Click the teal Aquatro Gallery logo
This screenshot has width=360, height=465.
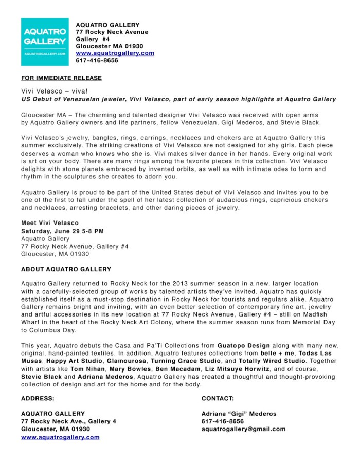(45, 42)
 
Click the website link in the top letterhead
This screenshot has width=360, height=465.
(115, 53)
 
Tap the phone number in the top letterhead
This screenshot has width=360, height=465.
(97, 60)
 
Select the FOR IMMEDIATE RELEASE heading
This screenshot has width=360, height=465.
(61, 78)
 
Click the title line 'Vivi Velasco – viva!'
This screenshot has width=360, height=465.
(50, 90)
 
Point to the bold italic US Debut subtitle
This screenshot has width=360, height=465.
(178, 99)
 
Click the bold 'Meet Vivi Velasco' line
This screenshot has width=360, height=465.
(50, 223)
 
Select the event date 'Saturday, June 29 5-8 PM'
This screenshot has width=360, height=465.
(62, 231)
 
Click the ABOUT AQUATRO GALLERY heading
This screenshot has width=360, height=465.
(66, 269)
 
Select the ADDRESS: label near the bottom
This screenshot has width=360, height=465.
(38, 398)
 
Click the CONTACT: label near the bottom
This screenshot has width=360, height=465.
(218, 398)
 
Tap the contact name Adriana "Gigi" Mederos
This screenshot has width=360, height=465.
(239, 414)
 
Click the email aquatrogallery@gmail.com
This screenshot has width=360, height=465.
(243, 429)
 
